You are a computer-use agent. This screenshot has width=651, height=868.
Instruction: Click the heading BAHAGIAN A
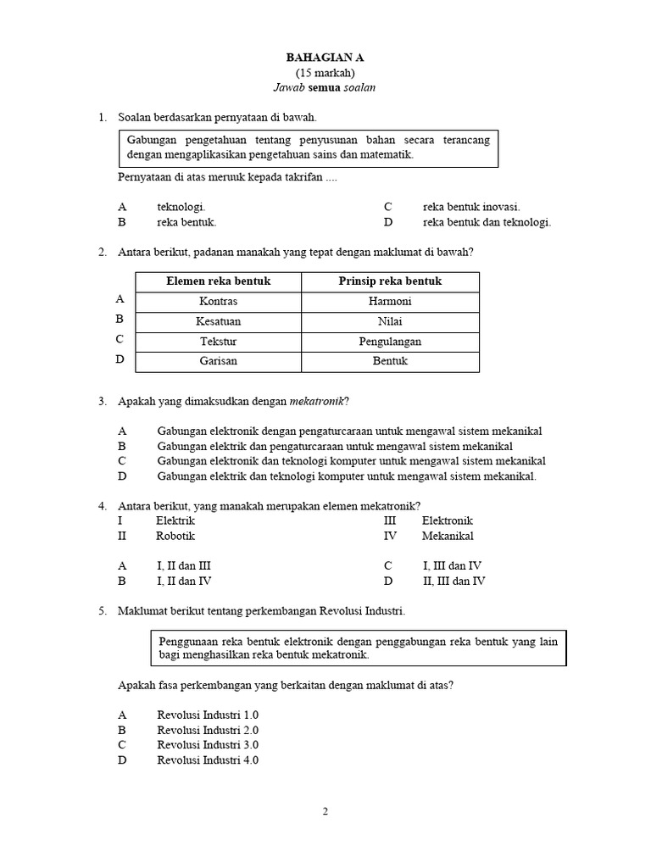click(x=325, y=57)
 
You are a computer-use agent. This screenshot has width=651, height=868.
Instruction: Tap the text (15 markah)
click(x=325, y=72)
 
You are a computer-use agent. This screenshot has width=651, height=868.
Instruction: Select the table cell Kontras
click(x=218, y=302)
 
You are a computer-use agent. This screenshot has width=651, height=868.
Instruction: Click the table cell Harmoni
click(x=390, y=302)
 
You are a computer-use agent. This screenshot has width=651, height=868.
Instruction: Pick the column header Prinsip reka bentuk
click(x=390, y=281)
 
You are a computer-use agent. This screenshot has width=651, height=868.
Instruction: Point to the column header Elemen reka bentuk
click(x=218, y=281)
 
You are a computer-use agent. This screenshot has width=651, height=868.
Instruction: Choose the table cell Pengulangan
click(x=390, y=342)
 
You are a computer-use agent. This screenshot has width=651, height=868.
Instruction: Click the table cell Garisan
click(x=218, y=361)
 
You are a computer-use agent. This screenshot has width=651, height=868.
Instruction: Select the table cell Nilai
click(x=390, y=322)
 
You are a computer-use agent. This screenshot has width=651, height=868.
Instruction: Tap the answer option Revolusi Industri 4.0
click(x=208, y=760)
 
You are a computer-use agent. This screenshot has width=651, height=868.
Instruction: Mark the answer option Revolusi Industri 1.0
click(x=208, y=715)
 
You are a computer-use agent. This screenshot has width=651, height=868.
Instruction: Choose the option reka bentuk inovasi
click(x=471, y=207)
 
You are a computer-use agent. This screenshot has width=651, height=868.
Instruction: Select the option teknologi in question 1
click(x=181, y=207)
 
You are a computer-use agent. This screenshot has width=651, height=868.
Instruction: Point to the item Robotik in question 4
click(x=175, y=536)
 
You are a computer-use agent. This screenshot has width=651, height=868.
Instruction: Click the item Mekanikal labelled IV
click(x=448, y=536)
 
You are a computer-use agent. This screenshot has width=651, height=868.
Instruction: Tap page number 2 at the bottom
click(x=325, y=811)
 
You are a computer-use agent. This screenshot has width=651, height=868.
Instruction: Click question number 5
click(x=102, y=611)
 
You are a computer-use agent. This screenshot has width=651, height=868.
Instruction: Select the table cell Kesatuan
click(x=218, y=322)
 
